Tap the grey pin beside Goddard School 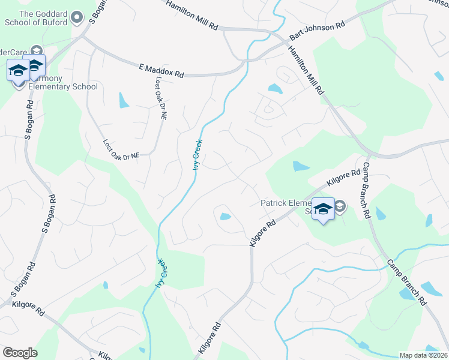coord(77,17)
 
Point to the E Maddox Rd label coord(161,71)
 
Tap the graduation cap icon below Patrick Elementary coord(323,209)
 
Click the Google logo coord(20,353)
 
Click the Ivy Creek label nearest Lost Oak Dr coord(197,154)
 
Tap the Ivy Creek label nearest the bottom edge coord(160,273)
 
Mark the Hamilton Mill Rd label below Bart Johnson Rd coord(307,71)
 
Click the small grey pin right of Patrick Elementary coord(339,206)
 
